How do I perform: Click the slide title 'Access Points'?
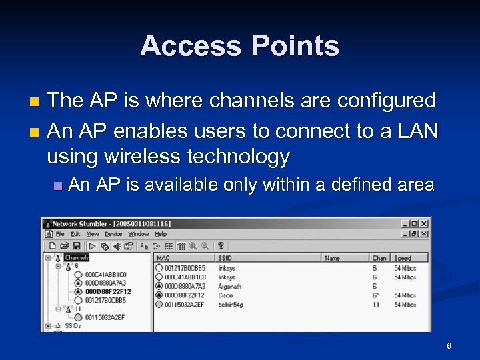click(x=239, y=46)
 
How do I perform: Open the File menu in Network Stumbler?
click(x=60, y=234)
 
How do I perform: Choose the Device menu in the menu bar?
click(x=113, y=234)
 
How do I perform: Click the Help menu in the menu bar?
click(x=161, y=234)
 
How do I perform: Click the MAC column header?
click(x=163, y=258)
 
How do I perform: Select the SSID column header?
click(x=225, y=258)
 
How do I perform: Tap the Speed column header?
click(x=403, y=258)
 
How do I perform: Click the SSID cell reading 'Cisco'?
click(x=225, y=295)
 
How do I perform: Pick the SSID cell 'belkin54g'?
click(x=231, y=305)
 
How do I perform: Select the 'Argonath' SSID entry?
click(x=230, y=286)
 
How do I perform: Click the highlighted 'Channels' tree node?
click(x=77, y=257)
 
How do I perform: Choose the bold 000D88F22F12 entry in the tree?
click(x=108, y=291)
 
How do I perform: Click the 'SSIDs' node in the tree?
click(x=73, y=326)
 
